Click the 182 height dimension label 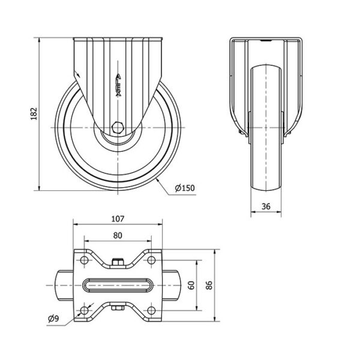[x=34, y=113]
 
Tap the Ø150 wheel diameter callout [x=185, y=188]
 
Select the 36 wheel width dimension [x=266, y=206]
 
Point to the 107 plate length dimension [x=118, y=219]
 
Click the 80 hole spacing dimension [x=118, y=236]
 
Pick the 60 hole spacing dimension [x=191, y=285]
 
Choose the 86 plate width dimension [x=209, y=285]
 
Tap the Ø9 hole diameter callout [x=53, y=319]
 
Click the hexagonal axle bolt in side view [x=118, y=127]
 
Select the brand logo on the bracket [x=118, y=85]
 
